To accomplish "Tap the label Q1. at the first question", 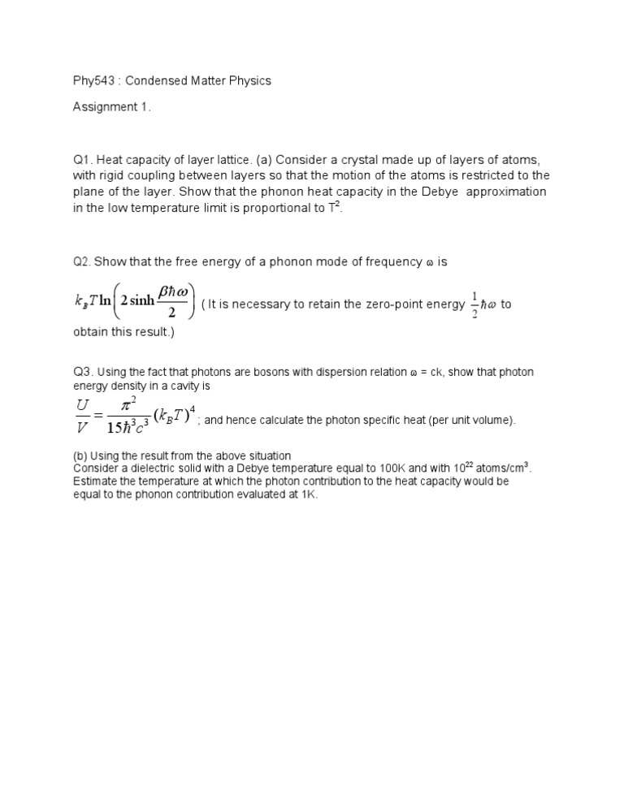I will point(83,160).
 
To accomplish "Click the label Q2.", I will point(82,261).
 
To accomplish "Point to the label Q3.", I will point(83,372).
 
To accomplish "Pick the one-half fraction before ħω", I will point(474,304).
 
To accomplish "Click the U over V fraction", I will point(82,414).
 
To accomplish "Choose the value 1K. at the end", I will point(308,494).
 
